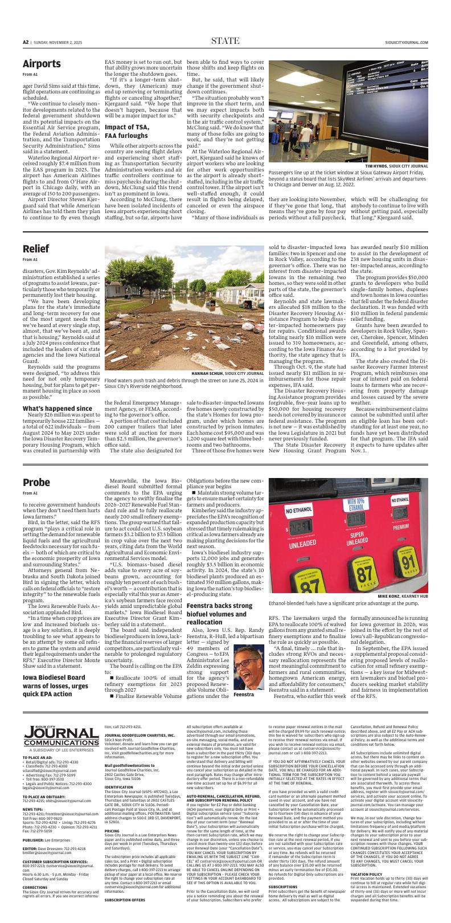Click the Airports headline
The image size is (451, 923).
point(42,63)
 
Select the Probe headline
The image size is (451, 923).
point(37,483)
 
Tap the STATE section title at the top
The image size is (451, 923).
point(225,40)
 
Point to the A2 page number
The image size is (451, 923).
point(26,42)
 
